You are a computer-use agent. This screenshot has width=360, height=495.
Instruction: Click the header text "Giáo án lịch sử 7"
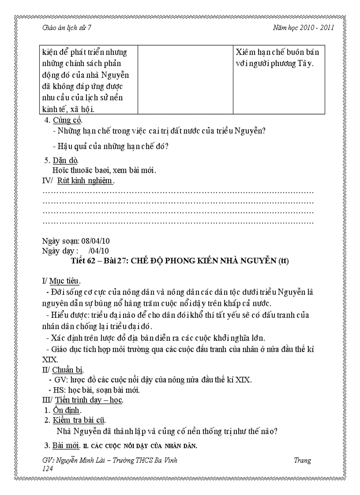point(66,27)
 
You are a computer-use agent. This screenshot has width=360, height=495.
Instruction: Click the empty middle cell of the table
point(185,79)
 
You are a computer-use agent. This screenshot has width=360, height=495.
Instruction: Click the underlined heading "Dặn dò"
point(66,160)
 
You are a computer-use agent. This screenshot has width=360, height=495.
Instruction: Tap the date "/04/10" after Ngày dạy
point(98,251)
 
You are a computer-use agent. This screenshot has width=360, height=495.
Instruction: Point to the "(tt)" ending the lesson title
point(283,261)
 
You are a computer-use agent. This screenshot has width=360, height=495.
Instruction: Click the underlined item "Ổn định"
point(67,410)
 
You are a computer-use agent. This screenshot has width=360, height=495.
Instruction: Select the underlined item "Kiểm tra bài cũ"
point(79,420)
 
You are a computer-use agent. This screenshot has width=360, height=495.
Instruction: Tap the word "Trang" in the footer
point(302,461)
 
